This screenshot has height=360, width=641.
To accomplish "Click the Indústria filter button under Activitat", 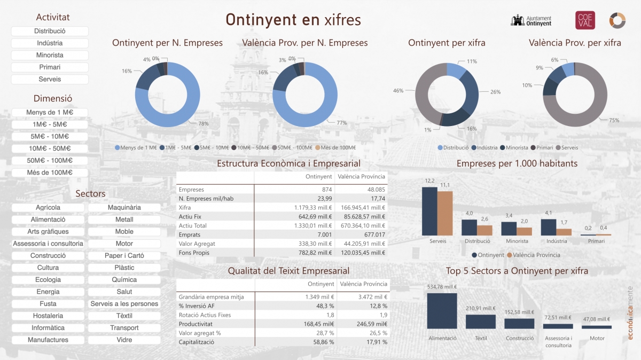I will click(x=49, y=43).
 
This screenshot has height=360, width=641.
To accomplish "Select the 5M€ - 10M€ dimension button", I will click(x=49, y=136).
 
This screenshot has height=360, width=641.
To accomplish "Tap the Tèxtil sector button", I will click(x=124, y=316).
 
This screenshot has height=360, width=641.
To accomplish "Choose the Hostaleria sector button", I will click(x=48, y=316).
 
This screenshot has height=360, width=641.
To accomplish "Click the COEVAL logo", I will click(x=585, y=20).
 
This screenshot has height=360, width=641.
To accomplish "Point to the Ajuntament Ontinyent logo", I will click(x=531, y=20).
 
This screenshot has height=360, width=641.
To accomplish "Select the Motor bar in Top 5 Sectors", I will click(x=597, y=327).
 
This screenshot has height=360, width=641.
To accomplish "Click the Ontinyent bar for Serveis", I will click(x=429, y=211).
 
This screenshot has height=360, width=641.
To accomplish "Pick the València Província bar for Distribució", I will click(x=484, y=230).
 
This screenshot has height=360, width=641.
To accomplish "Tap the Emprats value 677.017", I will click(x=374, y=234).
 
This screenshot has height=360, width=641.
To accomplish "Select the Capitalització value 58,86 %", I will click(x=320, y=342).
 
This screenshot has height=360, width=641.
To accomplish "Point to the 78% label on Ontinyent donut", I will click(x=203, y=123).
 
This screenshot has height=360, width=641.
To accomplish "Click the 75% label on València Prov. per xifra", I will click(x=614, y=120).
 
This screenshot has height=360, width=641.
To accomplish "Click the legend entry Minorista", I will click(x=516, y=147).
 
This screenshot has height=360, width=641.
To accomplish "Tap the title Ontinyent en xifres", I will click(x=293, y=20).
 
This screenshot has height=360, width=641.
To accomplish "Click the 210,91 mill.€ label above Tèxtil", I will click(x=481, y=308).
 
